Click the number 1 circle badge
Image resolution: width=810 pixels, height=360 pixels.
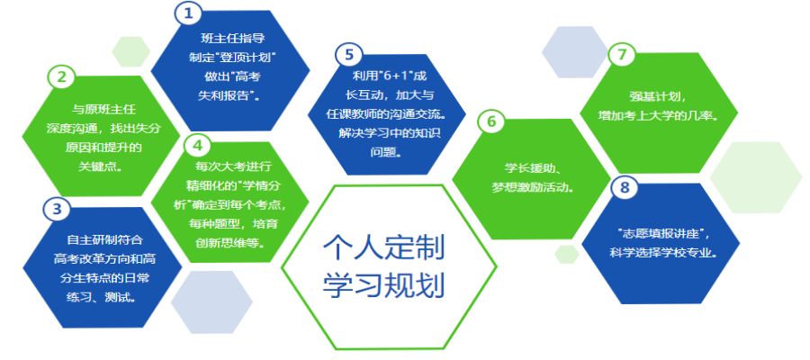tap(189, 13)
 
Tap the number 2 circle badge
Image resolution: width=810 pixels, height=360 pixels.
tap(61, 77)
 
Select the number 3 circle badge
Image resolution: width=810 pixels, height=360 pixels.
tap(57, 209)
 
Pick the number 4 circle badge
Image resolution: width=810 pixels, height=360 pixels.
tap(198, 146)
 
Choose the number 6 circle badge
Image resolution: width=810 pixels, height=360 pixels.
tap(491, 121)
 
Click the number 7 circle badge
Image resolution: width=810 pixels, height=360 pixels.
tap(621, 56)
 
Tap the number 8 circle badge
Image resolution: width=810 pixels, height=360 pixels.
tap(625, 187)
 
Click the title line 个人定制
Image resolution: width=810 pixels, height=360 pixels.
tap(383, 249)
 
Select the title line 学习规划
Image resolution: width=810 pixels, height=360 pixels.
tap(383, 284)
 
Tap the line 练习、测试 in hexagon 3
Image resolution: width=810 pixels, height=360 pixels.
tap(101, 298)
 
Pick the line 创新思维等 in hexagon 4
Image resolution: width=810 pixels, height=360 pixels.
tap(229, 243)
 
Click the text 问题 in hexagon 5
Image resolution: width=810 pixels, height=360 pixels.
tap(385, 153)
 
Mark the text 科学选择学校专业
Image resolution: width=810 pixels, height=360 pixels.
tap(661, 253)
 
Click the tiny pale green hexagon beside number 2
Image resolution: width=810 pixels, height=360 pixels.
tap(130, 51)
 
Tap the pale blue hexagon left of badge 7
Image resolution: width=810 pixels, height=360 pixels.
tap(575, 52)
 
